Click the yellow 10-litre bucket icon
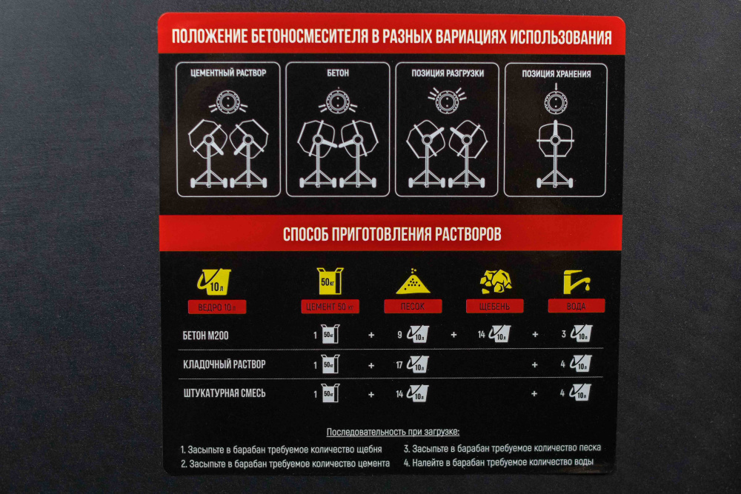tap(214, 281)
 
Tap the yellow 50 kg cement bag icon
tap(330, 281)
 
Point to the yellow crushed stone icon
tap(495, 282)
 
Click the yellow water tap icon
tap(576, 282)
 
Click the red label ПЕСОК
tap(413, 306)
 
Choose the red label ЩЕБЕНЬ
tap(495, 306)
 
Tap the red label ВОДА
tap(576, 306)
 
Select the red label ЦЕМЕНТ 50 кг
tap(330, 307)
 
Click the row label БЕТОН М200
tap(205, 336)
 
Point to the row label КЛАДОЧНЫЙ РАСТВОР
tap(225, 364)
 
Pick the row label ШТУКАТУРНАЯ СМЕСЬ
tap(225, 393)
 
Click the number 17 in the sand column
tap(399, 365)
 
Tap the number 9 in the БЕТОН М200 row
tap(400, 335)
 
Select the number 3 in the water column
tap(563, 334)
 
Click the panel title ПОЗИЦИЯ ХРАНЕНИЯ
tap(556, 74)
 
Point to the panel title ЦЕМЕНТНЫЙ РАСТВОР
tap(228, 73)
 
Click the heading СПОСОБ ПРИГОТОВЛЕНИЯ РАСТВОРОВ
tap(392, 234)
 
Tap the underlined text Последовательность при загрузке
tap(393, 432)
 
